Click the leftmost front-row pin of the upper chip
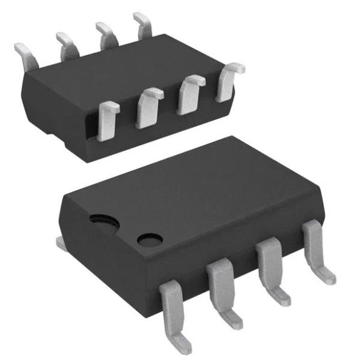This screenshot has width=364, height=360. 108,121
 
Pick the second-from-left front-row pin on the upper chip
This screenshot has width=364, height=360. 148,107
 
